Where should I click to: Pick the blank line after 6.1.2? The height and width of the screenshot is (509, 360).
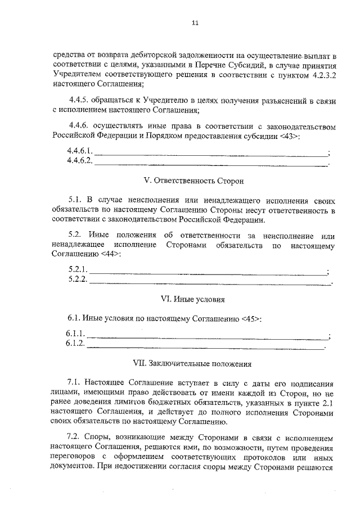(x=206, y=347)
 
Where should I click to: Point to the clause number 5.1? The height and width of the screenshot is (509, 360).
(x=74, y=200)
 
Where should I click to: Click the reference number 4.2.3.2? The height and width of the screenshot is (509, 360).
(x=321, y=74)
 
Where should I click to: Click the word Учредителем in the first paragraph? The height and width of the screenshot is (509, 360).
(x=75, y=74)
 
